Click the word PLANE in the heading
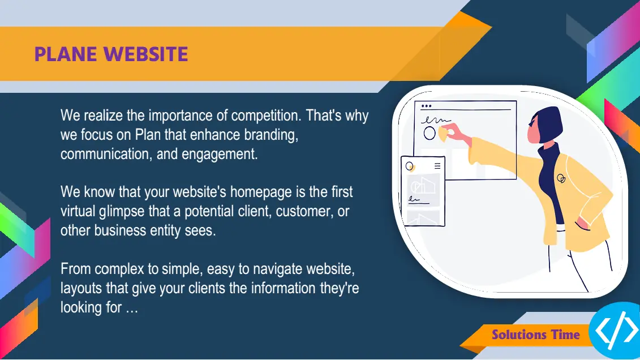[x=66, y=54]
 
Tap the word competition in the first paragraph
[x=264, y=115]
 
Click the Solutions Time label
[x=535, y=335]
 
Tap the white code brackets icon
[x=617, y=330]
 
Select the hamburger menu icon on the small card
[x=437, y=166]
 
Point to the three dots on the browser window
[x=426, y=106]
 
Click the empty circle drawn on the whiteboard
[x=429, y=133]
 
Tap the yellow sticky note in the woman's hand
[x=443, y=134]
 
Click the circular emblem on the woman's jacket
[x=561, y=178]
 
